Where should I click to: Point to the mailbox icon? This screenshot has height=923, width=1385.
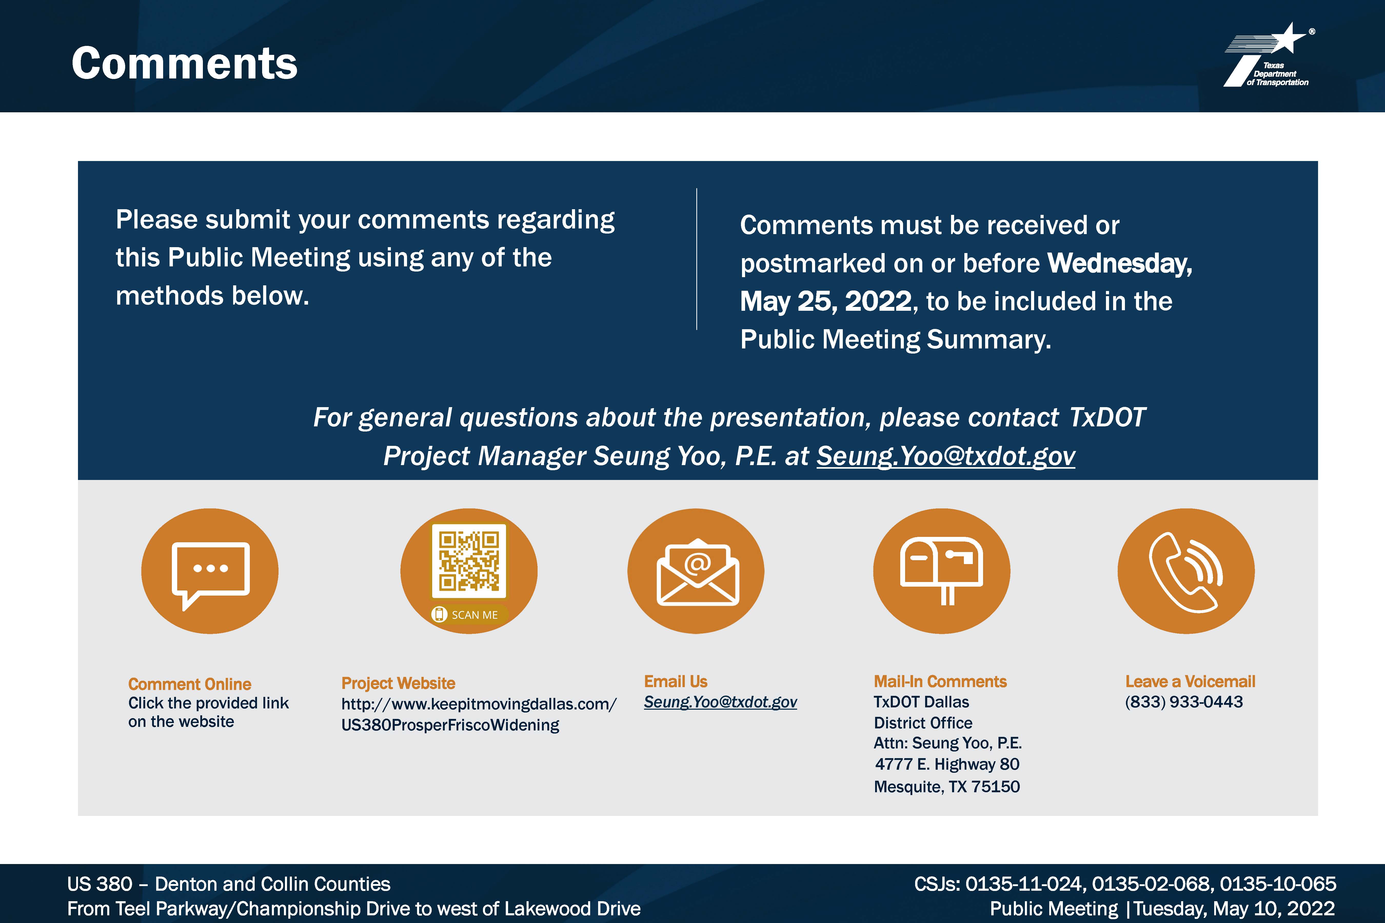941,570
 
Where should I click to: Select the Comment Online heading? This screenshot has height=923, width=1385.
190,684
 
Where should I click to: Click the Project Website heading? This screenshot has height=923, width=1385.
398,683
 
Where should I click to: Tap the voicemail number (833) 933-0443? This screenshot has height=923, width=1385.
1184,702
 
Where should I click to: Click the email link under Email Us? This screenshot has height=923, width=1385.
720,702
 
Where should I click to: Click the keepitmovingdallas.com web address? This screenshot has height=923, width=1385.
479,714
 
